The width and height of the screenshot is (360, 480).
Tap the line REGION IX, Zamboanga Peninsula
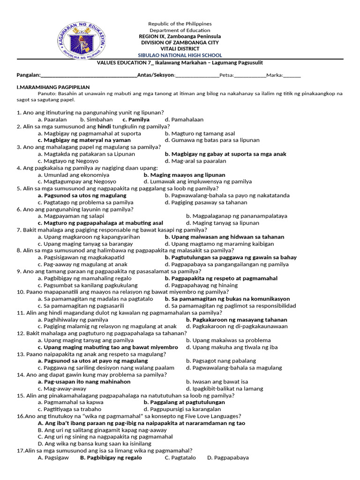click(x=180, y=36)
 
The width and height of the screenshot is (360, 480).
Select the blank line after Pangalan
click(x=89, y=75)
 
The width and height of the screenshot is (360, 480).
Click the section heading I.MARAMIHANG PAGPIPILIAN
click(x=53, y=87)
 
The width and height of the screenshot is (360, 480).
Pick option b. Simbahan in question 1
click(x=97, y=120)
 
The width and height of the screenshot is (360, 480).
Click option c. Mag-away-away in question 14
click(x=62, y=389)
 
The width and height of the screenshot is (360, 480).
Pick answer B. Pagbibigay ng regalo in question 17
click(x=111, y=457)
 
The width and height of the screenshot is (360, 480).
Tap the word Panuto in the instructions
click(x=46, y=94)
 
